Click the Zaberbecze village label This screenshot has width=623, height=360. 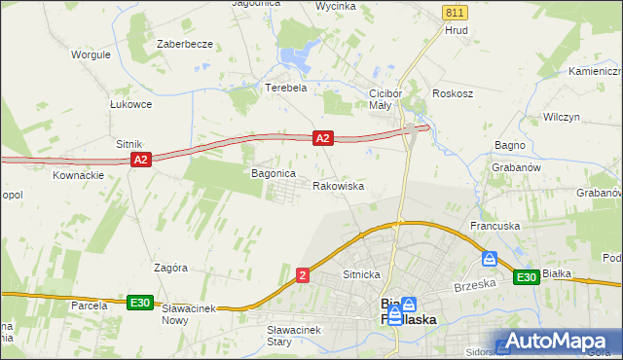[x=185, y=45]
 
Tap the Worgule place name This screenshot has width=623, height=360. [x=90, y=54]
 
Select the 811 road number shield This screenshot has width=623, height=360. [x=454, y=12]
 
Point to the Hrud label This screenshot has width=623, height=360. [x=457, y=30]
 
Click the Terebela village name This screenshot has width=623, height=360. [x=286, y=87]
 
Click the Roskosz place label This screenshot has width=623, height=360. [x=454, y=94]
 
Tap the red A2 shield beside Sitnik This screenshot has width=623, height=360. [x=140, y=159]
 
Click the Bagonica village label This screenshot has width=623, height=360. [x=274, y=173]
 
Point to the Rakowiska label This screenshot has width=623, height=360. [x=339, y=185]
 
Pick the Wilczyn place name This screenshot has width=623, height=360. [x=562, y=116]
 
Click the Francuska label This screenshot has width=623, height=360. [x=495, y=226]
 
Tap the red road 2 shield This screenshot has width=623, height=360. [x=304, y=276]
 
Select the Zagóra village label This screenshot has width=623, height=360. [x=170, y=267]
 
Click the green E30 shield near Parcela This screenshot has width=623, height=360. [x=140, y=303]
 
